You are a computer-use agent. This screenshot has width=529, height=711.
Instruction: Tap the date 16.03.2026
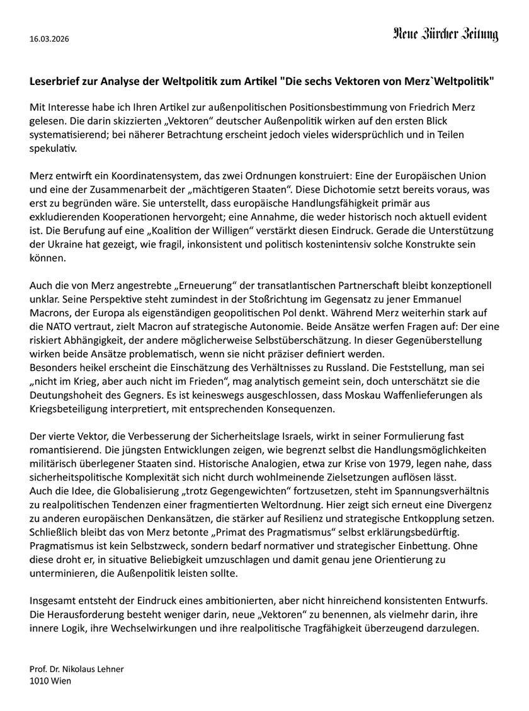coord(49,39)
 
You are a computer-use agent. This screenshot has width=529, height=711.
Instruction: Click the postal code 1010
coord(39,681)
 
